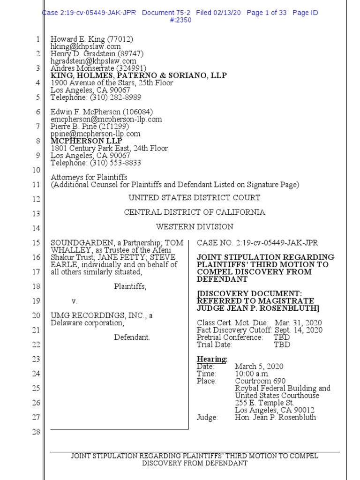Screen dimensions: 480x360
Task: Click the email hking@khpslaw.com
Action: (x=86, y=46)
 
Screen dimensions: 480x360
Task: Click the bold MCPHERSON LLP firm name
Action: (x=86, y=141)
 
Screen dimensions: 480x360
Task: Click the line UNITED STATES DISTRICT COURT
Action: (x=195, y=198)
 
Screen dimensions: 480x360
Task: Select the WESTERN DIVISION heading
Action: (x=195, y=227)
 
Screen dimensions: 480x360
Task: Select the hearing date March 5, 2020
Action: (x=259, y=367)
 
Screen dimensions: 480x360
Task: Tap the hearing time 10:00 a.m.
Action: (x=252, y=374)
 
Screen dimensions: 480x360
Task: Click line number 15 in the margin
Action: (x=36, y=243)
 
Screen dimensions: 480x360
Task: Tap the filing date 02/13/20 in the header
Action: (x=225, y=13)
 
